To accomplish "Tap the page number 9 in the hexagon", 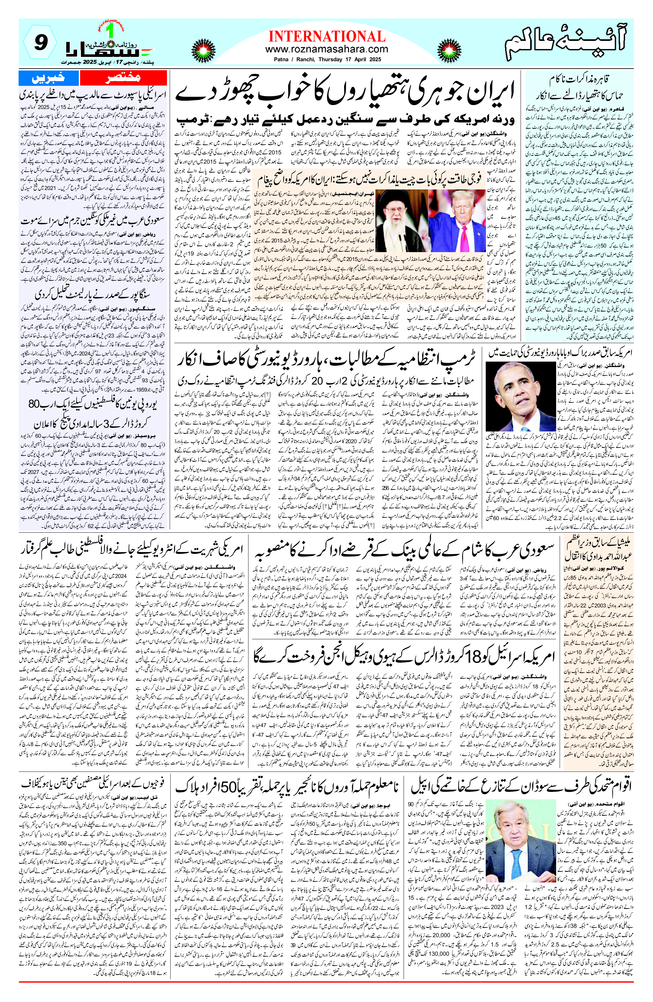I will pos(39,43).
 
